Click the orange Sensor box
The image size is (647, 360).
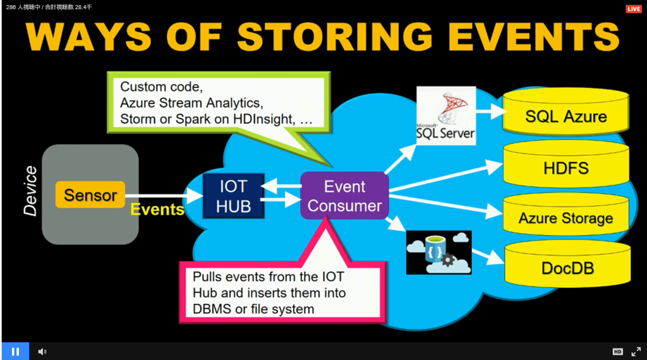pyautogui.click(x=90, y=195)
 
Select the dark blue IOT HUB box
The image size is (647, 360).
pyautogui.click(x=234, y=196)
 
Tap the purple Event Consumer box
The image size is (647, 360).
pyautogui.click(x=344, y=196)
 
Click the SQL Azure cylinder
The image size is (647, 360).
pyautogui.click(x=565, y=112)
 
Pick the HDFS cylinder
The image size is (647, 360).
pyautogui.click(x=565, y=165)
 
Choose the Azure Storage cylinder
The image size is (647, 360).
pyautogui.click(x=565, y=215)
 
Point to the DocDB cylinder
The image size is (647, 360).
pyautogui.click(x=567, y=265)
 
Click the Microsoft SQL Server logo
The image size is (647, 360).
pyautogui.click(x=445, y=116)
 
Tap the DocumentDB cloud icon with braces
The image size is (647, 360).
pyautogui.click(x=438, y=253)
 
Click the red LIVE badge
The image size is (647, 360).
pyautogui.click(x=633, y=9)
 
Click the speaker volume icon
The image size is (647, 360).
pyautogui.click(x=42, y=351)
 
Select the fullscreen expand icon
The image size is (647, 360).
pyautogui.click(x=636, y=351)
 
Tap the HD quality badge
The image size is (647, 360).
pyautogui.click(x=617, y=351)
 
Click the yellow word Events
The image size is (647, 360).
pyautogui.click(x=157, y=210)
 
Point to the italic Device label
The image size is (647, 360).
pyautogui.click(x=30, y=191)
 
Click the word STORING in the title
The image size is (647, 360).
pyautogui.click(x=335, y=36)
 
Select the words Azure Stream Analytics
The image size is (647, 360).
pyautogui.click(x=191, y=103)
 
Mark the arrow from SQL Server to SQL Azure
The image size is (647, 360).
pyautogui.click(x=492, y=111)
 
